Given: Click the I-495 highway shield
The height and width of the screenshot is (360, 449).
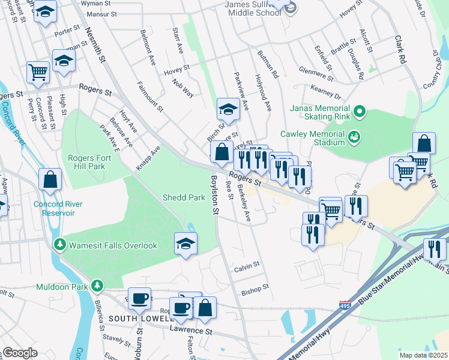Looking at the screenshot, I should pos(345,305).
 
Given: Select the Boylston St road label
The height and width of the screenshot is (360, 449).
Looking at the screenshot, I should pos(214,195).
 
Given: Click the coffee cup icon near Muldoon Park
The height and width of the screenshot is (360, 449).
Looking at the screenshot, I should pos(139,298).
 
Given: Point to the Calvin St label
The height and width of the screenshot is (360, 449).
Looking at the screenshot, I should pos(246,264).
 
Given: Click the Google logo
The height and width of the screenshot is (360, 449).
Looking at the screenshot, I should pos(20,353).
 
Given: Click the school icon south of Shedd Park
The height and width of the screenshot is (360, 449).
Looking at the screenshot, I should pos(185,244).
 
